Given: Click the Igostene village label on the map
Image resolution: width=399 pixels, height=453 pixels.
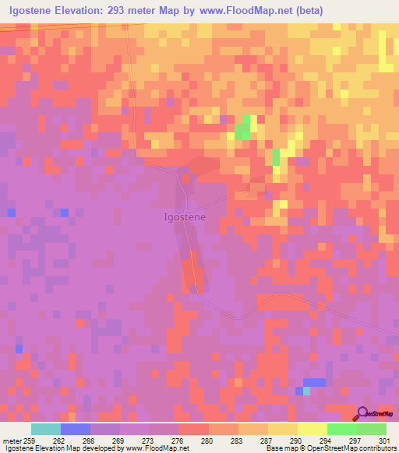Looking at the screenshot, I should pos(185,217).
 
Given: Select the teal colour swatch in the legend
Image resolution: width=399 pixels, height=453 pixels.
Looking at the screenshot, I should pos(46,429).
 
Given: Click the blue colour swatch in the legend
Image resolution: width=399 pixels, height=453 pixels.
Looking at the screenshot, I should pos(76,429).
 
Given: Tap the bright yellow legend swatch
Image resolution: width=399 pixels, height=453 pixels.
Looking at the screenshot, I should pos(312,429).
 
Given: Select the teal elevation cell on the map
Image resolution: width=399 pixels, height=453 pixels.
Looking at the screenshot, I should pos(306,391).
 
